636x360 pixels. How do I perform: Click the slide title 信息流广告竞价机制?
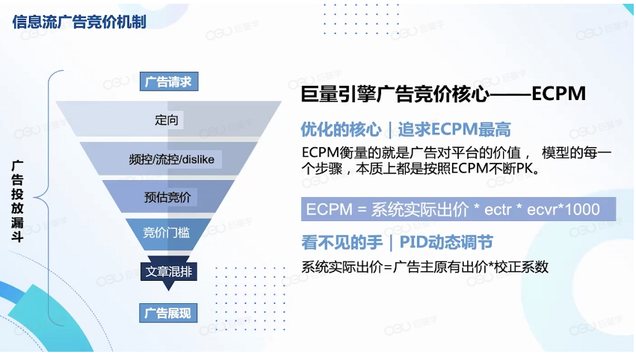pyautogui.click(x=79, y=21)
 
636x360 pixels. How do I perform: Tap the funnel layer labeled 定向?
pyautogui.click(x=168, y=120)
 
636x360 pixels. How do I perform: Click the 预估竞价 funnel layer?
pyautogui.click(x=167, y=197)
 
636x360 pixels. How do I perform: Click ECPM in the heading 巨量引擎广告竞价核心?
pyautogui.click(x=558, y=95)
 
